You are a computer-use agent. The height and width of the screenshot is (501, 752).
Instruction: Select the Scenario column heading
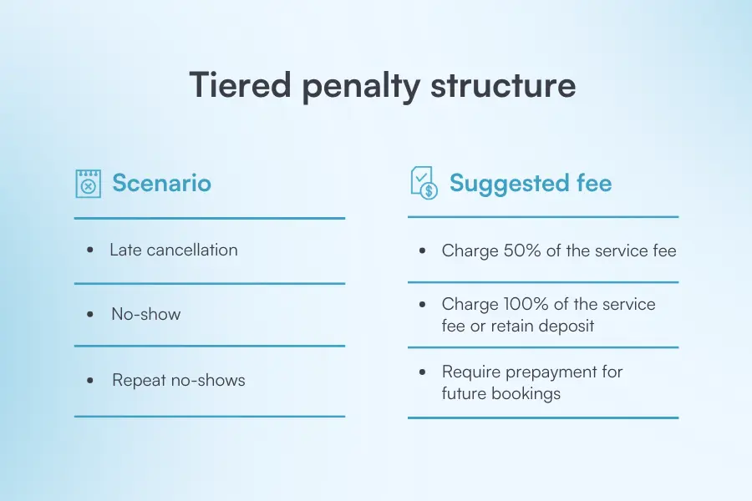coord(161,183)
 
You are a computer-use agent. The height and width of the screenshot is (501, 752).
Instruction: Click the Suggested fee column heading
coord(531,183)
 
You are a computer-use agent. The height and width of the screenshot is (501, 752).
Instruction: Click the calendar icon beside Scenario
coord(88,183)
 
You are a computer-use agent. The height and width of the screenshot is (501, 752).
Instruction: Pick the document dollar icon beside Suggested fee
coord(424,183)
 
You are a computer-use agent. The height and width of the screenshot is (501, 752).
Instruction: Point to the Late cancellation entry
coord(174,250)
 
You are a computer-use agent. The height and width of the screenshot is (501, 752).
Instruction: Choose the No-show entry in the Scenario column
coord(146,314)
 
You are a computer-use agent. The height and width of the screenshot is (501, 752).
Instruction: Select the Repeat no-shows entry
coord(179,380)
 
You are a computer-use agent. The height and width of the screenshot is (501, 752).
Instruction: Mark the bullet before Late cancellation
coord(90,250)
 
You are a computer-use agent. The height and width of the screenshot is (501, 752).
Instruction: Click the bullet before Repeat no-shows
coord(90,381)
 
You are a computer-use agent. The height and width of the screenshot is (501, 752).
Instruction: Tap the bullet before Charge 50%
coord(423,251)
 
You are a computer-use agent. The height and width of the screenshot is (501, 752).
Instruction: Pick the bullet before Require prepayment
coord(423,372)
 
